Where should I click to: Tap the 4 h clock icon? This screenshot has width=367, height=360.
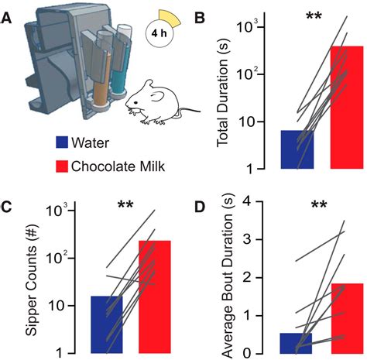pyautogui.click(x=160, y=33)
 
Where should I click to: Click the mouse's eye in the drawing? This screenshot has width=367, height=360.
pyautogui.click(x=135, y=103)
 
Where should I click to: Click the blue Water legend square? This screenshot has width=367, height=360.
pyautogui.click(x=62, y=142)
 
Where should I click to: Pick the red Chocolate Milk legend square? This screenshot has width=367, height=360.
pyautogui.click(x=62, y=166)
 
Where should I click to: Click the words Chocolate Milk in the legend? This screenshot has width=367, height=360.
pyautogui.click(x=118, y=166)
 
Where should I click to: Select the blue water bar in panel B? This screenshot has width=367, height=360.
pyautogui.click(x=297, y=149)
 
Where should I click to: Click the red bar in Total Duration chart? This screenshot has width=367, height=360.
pyautogui.click(x=347, y=108)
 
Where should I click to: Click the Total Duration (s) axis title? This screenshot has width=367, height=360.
pyautogui.click(x=223, y=93)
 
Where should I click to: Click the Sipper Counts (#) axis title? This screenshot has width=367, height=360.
pyautogui.click(x=32, y=280)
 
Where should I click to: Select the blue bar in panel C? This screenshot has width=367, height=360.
pyautogui.click(x=107, y=324)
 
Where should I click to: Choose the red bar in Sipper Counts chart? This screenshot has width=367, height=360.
pyautogui.click(x=155, y=297)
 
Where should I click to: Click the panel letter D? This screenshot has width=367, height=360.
pyautogui.click(x=201, y=207)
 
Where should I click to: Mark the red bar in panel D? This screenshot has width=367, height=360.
pyautogui.click(x=348, y=318)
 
